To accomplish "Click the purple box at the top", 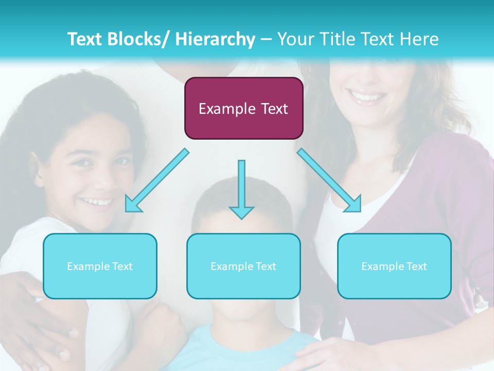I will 243,108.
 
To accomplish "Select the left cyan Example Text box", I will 100,266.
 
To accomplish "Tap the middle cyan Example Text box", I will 243,266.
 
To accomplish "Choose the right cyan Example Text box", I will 394,266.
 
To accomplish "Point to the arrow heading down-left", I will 156,180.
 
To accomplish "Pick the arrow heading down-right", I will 329,180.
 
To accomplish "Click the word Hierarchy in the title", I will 215,39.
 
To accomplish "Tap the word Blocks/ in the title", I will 140,39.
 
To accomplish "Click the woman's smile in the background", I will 366,96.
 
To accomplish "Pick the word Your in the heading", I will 294,39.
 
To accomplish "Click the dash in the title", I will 266,40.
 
